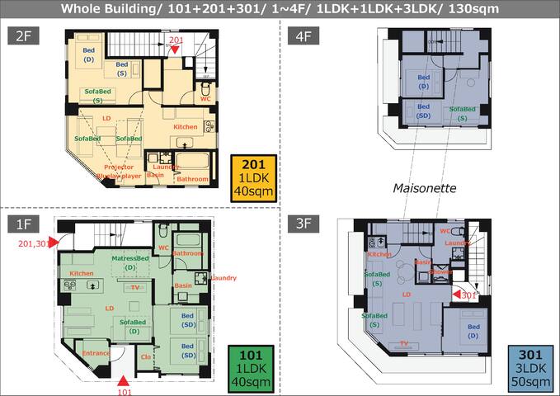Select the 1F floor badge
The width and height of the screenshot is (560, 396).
22,223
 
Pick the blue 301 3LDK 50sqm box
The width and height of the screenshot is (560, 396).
529,368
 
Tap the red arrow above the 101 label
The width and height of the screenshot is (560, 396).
122,379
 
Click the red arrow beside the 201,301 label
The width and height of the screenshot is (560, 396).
52,242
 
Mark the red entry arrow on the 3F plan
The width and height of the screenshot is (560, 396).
455,294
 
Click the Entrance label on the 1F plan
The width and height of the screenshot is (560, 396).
96,352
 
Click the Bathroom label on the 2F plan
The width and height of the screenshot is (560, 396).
192,179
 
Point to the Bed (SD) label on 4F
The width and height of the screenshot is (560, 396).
423,111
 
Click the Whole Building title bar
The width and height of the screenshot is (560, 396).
280,8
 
